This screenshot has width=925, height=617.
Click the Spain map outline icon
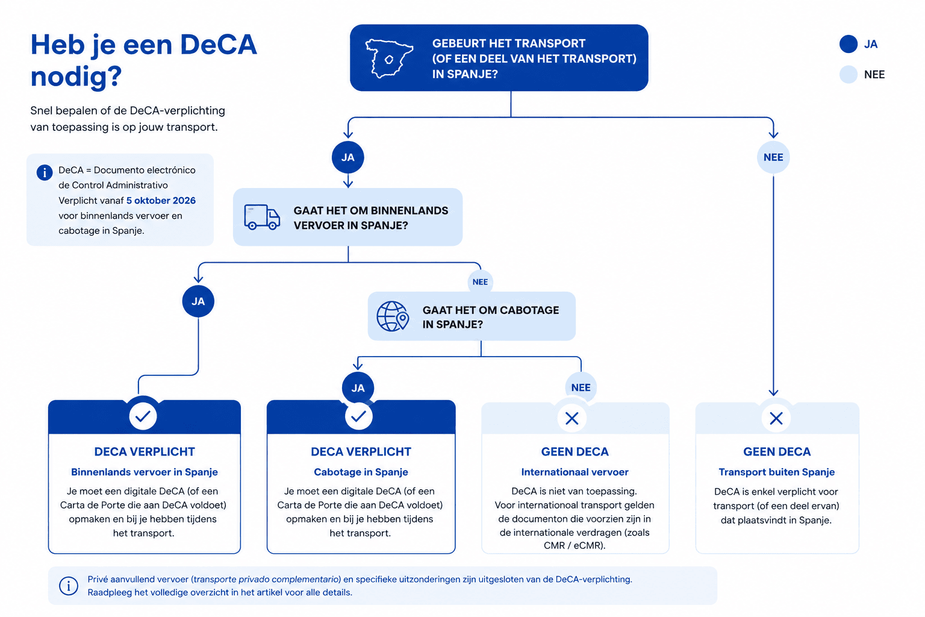(x=388, y=58)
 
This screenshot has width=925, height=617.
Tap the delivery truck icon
(x=262, y=217)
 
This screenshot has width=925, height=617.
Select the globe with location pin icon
(x=392, y=316)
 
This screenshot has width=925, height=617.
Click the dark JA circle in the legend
(x=848, y=44)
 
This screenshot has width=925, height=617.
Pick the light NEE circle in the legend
(x=848, y=74)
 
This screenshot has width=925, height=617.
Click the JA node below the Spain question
(x=347, y=157)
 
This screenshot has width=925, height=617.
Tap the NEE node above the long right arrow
(x=773, y=157)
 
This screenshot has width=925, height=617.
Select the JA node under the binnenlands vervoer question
(x=198, y=301)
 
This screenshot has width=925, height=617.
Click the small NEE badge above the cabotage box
(x=480, y=282)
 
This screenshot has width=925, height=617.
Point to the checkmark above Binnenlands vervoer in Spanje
(x=143, y=416)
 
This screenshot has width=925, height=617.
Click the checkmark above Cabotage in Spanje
(x=358, y=416)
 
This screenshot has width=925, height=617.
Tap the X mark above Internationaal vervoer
(x=572, y=419)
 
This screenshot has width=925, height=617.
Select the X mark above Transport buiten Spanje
(x=776, y=419)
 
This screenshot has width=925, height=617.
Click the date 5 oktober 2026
(x=161, y=201)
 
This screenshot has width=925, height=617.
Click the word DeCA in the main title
(x=219, y=45)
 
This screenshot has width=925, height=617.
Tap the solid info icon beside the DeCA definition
(x=45, y=172)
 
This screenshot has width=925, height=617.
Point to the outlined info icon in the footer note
(x=69, y=586)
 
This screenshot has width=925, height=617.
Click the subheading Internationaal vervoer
(x=575, y=472)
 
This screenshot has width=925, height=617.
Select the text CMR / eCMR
(x=573, y=545)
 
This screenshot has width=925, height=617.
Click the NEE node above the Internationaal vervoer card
(x=581, y=387)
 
